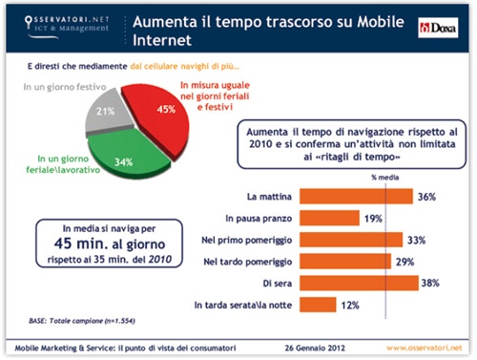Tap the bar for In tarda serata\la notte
pos(319,305)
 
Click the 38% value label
pos(431,283)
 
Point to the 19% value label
pos(375,218)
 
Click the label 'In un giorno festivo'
pos(59,87)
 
